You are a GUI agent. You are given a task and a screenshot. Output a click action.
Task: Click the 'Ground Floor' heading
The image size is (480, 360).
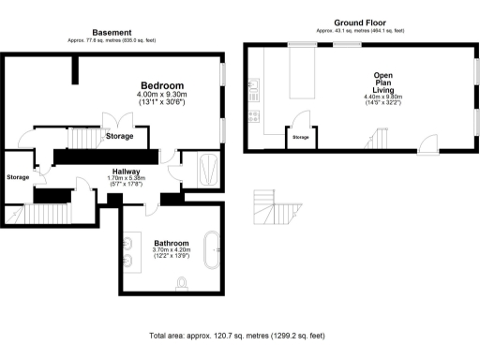click(361, 22)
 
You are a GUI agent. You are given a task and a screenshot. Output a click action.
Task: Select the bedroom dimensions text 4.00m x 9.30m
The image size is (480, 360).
click(162, 95)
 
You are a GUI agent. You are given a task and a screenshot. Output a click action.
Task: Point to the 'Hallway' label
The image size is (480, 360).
click(127, 172)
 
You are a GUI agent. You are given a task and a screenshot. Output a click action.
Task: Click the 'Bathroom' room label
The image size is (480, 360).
click(170, 242)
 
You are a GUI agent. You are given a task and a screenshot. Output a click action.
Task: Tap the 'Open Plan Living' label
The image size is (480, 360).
click(382, 82)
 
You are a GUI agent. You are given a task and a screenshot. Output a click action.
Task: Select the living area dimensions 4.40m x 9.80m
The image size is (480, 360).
click(382, 96)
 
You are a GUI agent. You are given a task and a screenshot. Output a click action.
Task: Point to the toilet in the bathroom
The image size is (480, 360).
click(182, 282)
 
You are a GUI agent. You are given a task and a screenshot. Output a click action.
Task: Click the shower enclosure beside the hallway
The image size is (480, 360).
click(205, 170)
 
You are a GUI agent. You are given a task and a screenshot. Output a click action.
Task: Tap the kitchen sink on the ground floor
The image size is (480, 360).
click(254, 90)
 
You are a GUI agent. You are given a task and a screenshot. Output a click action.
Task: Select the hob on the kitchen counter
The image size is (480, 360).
click(253, 118)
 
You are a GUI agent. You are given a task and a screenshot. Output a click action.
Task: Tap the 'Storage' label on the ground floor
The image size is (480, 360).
click(300, 138)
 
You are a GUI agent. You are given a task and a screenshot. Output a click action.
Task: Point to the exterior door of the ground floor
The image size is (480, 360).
click(427, 143)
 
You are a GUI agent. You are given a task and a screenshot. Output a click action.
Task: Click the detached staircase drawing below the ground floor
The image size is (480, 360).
click(277, 211)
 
